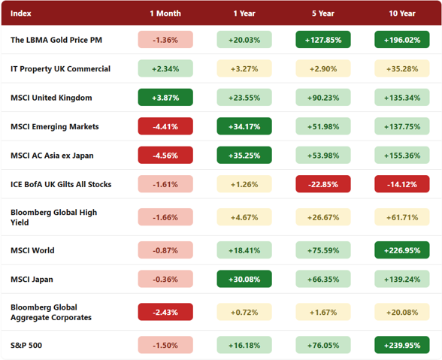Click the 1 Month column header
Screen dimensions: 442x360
pos(165,14)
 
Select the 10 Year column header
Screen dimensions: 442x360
pos(402,14)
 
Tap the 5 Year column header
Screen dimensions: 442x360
pos(323,14)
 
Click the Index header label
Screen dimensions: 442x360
pos(20,14)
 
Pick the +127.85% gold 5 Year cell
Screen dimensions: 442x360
pos(323,40)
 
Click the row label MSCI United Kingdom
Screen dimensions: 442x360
pos(51,98)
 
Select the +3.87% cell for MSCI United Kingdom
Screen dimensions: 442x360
pos(165,97)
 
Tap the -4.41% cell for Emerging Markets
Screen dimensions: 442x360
pos(165,126)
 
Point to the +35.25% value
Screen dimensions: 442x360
pos(244,155)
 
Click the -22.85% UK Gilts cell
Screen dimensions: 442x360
pos(323,184)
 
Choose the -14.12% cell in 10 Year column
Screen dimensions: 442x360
pos(402,184)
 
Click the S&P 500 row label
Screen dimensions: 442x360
pos(26,345)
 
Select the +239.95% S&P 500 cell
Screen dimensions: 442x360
pos(402,345)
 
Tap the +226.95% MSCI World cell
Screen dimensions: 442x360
pos(402,250)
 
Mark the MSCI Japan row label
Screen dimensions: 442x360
pos(32,279)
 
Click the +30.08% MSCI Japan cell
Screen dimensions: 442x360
pos(244,279)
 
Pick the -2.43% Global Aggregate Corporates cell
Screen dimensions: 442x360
pos(165,312)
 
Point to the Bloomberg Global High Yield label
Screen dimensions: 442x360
pos(54,217)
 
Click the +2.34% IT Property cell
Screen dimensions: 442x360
pos(165,68)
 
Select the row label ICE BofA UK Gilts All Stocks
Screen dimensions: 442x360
pos(61,184)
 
